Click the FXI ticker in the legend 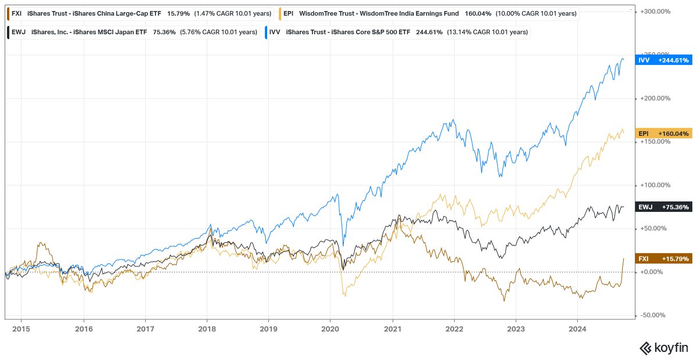16,13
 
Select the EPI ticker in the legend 288,13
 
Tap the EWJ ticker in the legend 17,33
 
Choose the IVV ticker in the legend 275,33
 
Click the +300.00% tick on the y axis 656,12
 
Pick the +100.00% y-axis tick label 656,185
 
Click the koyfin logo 664,348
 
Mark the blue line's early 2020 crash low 344,246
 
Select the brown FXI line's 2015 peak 40,243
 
